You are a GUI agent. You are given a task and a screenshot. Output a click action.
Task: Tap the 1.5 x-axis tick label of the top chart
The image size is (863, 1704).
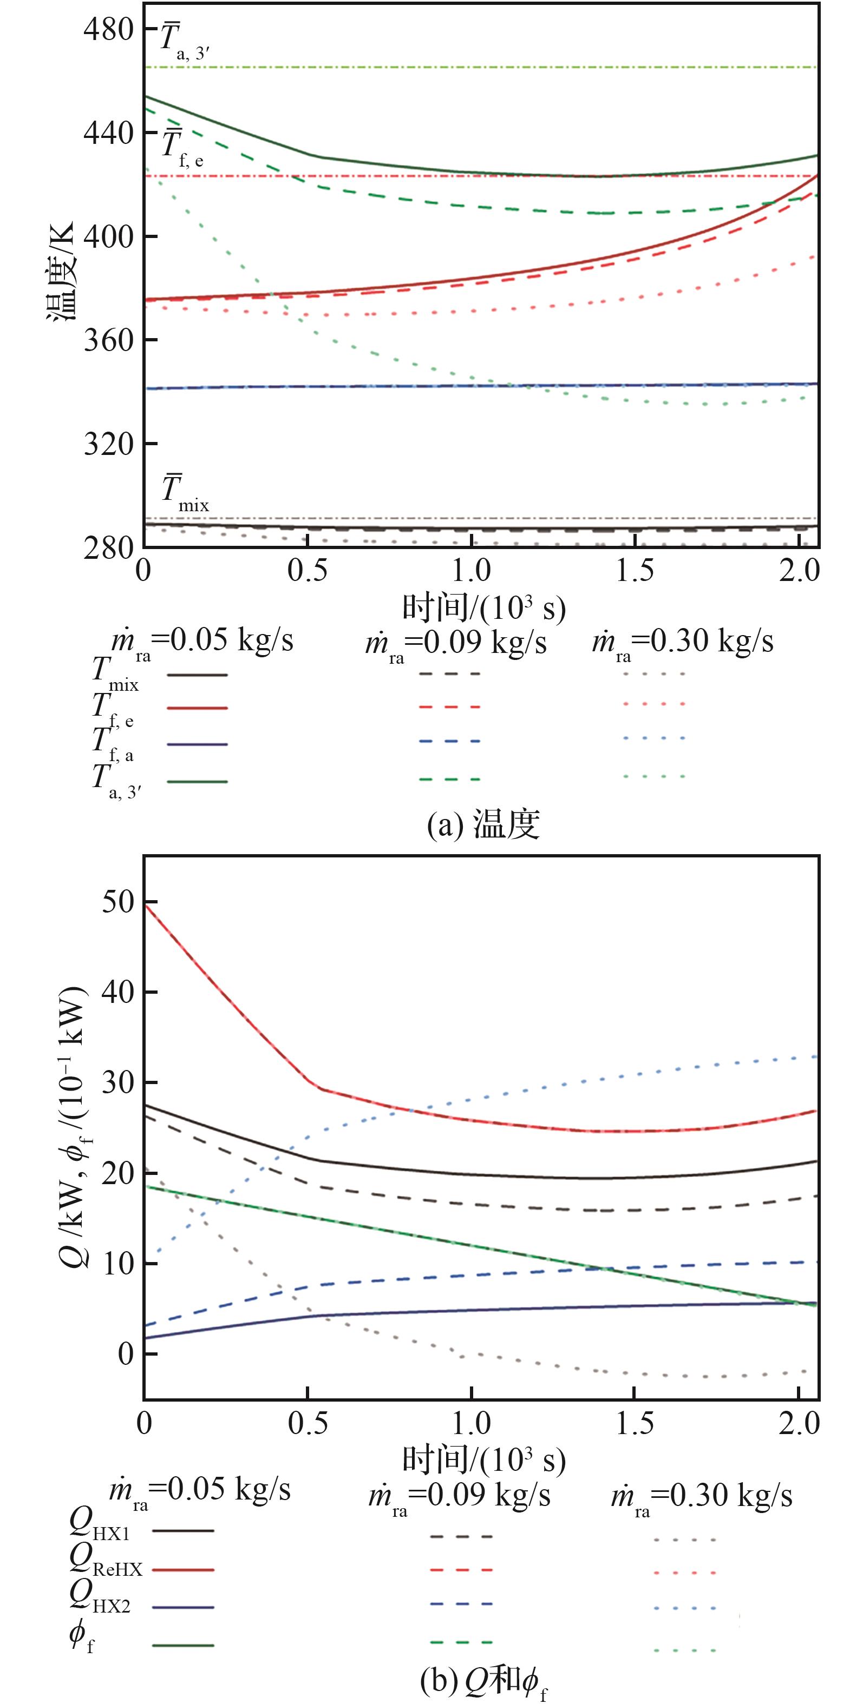point(635,570)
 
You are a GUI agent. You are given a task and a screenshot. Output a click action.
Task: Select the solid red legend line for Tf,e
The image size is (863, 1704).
point(197,708)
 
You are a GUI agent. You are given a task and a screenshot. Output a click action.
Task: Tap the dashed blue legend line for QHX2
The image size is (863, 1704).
point(461,1604)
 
